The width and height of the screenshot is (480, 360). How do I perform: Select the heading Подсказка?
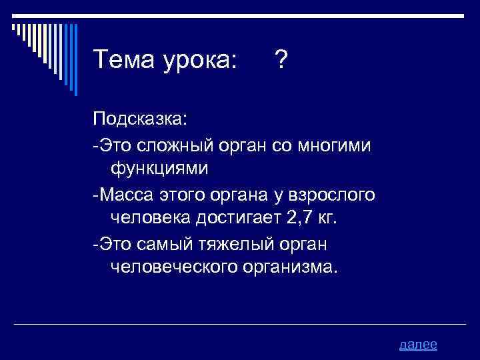141,120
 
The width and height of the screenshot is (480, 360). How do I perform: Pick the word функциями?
160,169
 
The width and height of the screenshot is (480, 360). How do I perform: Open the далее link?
418,344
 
